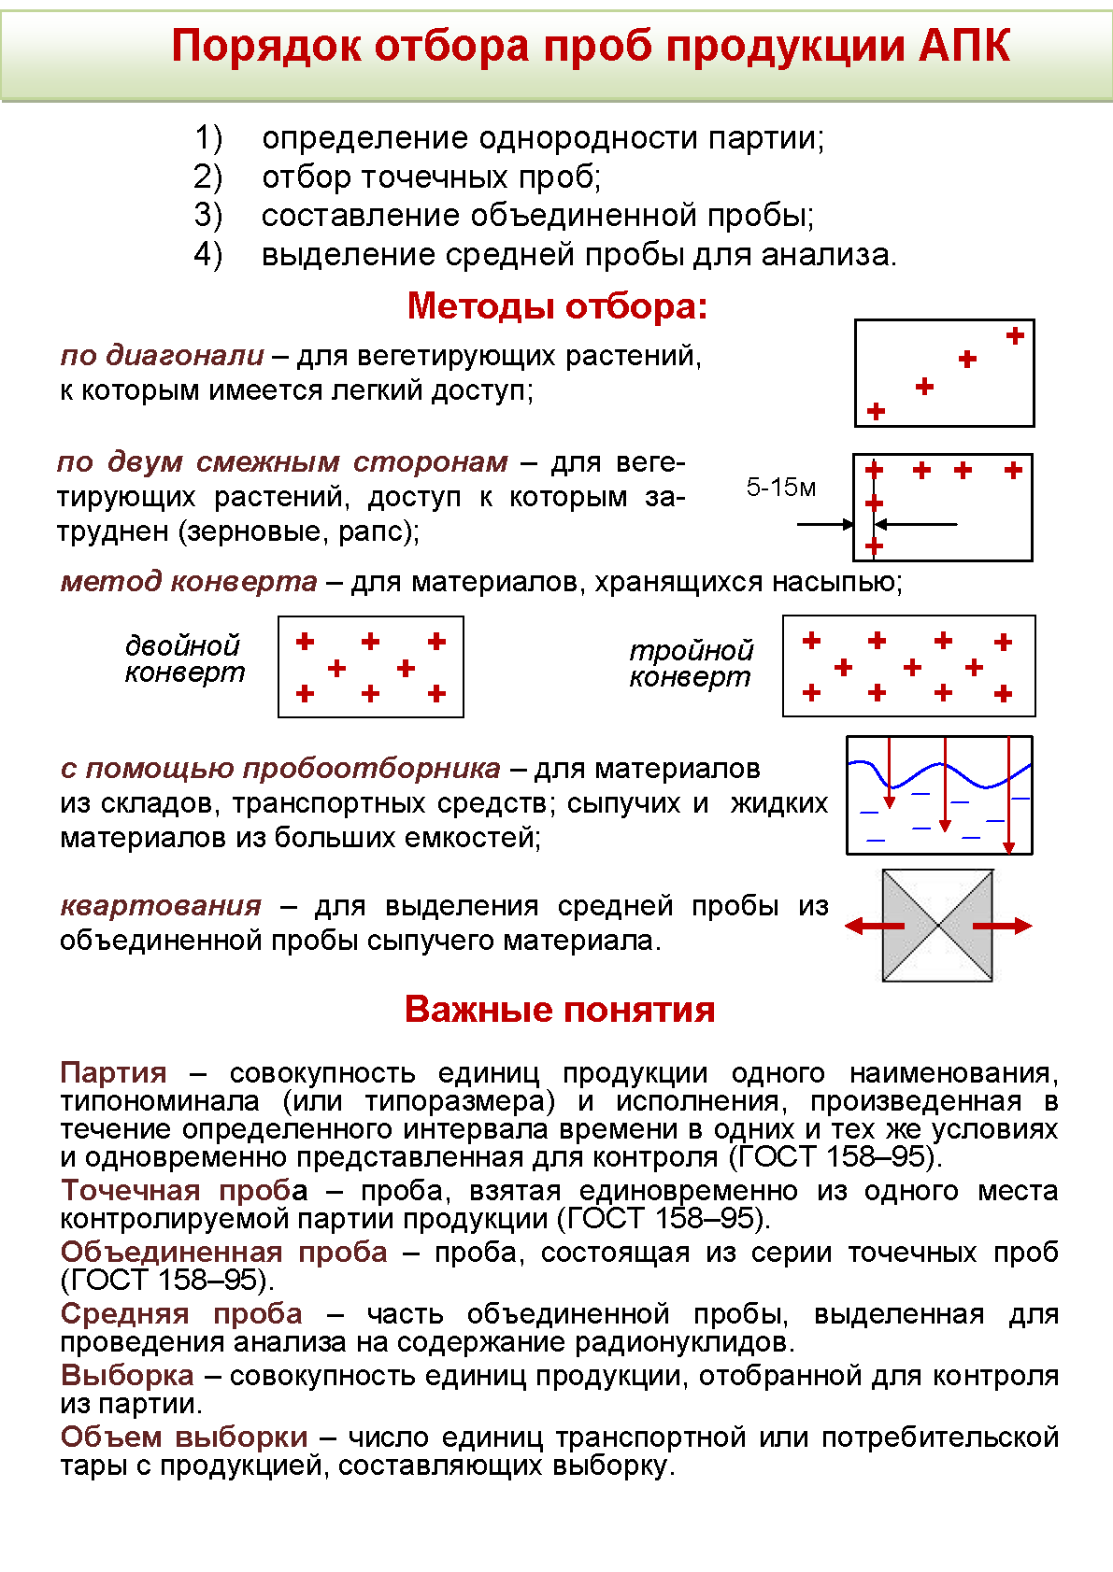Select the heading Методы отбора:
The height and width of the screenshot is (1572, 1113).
(557, 306)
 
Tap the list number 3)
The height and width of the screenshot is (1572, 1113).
(208, 216)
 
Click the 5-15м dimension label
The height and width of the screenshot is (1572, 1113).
(780, 487)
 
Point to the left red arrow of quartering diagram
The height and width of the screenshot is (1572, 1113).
(874, 926)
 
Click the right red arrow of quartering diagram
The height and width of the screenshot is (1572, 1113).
(1002, 926)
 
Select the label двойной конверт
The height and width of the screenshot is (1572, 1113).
(184, 659)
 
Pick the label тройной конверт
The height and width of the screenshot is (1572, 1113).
(690, 663)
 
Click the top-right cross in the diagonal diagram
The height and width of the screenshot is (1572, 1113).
(1015, 336)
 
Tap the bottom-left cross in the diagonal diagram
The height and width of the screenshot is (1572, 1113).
(876, 411)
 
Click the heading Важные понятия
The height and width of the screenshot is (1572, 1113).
(559, 1010)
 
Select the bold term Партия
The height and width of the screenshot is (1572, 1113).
(113, 1072)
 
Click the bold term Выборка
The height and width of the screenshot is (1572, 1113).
(127, 1375)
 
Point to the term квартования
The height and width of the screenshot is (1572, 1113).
(161, 905)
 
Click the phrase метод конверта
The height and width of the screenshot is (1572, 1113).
(189, 581)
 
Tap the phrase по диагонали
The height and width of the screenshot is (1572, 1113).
(163, 355)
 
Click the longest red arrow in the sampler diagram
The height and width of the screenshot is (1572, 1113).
(1009, 794)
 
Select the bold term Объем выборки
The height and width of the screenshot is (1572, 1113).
(184, 1437)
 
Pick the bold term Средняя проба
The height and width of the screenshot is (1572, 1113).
(181, 1313)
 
